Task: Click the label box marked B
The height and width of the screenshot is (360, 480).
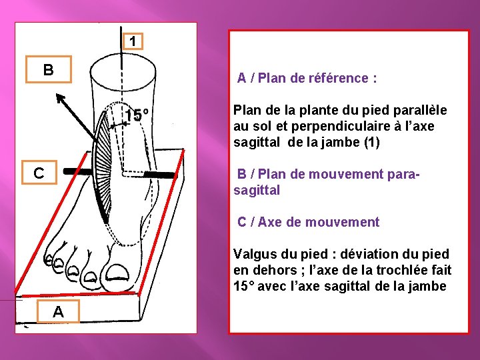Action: click(49, 69)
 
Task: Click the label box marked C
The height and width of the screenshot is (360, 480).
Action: click(39, 173)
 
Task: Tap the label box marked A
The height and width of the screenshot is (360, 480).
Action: click(58, 311)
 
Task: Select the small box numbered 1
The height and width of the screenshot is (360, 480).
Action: click(133, 41)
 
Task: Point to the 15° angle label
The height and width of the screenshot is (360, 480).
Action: click(137, 115)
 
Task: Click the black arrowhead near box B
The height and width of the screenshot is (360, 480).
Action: click(61, 99)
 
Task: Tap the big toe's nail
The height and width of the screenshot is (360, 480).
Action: click(117, 273)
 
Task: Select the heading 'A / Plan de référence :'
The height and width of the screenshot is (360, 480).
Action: click(307, 78)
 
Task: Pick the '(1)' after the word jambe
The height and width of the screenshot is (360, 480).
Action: click(372, 142)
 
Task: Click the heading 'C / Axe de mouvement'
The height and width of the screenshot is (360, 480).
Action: click(308, 221)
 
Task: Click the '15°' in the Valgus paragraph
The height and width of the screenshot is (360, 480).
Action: click(244, 286)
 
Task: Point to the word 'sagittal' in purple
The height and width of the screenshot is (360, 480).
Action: click(257, 190)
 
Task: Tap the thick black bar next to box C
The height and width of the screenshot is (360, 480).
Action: click(77, 171)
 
